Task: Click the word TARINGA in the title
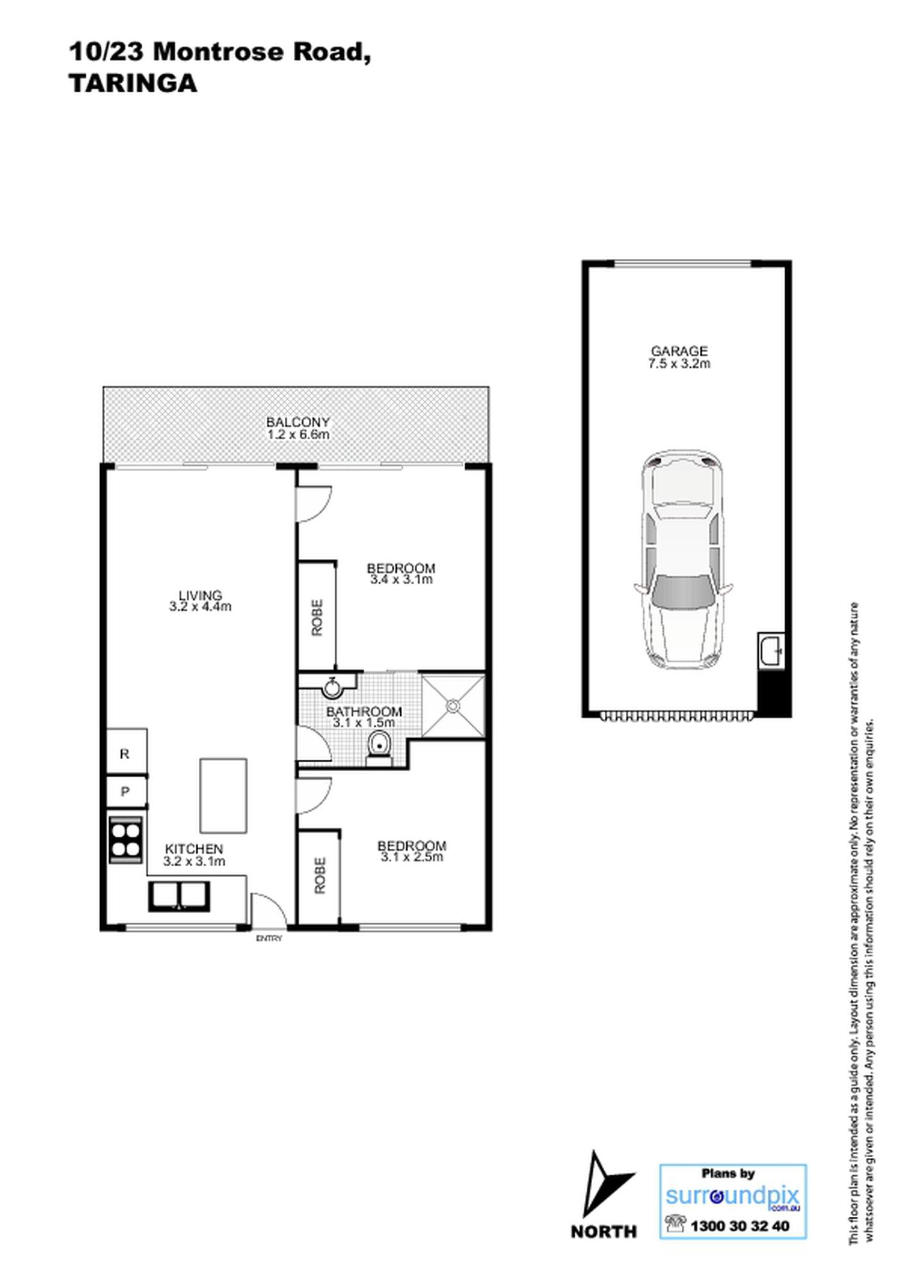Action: click(133, 83)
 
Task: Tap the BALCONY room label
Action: click(298, 422)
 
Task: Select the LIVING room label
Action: click(200, 595)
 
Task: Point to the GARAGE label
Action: click(679, 351)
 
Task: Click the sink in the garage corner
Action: click(770, 651)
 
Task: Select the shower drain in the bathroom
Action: click(453, 706)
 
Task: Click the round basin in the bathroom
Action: click(332, 688)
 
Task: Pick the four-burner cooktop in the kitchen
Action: click(126, 839)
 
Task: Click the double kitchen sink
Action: click(180, 896)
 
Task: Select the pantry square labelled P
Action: click(126, 792)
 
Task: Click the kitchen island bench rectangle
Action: click(223, 796)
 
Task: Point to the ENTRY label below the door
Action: click(269, 939)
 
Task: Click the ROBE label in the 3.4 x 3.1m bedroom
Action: click(317, 617)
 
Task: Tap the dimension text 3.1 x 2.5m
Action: click(412, 857)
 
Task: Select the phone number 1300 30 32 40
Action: click(740, 1226)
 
